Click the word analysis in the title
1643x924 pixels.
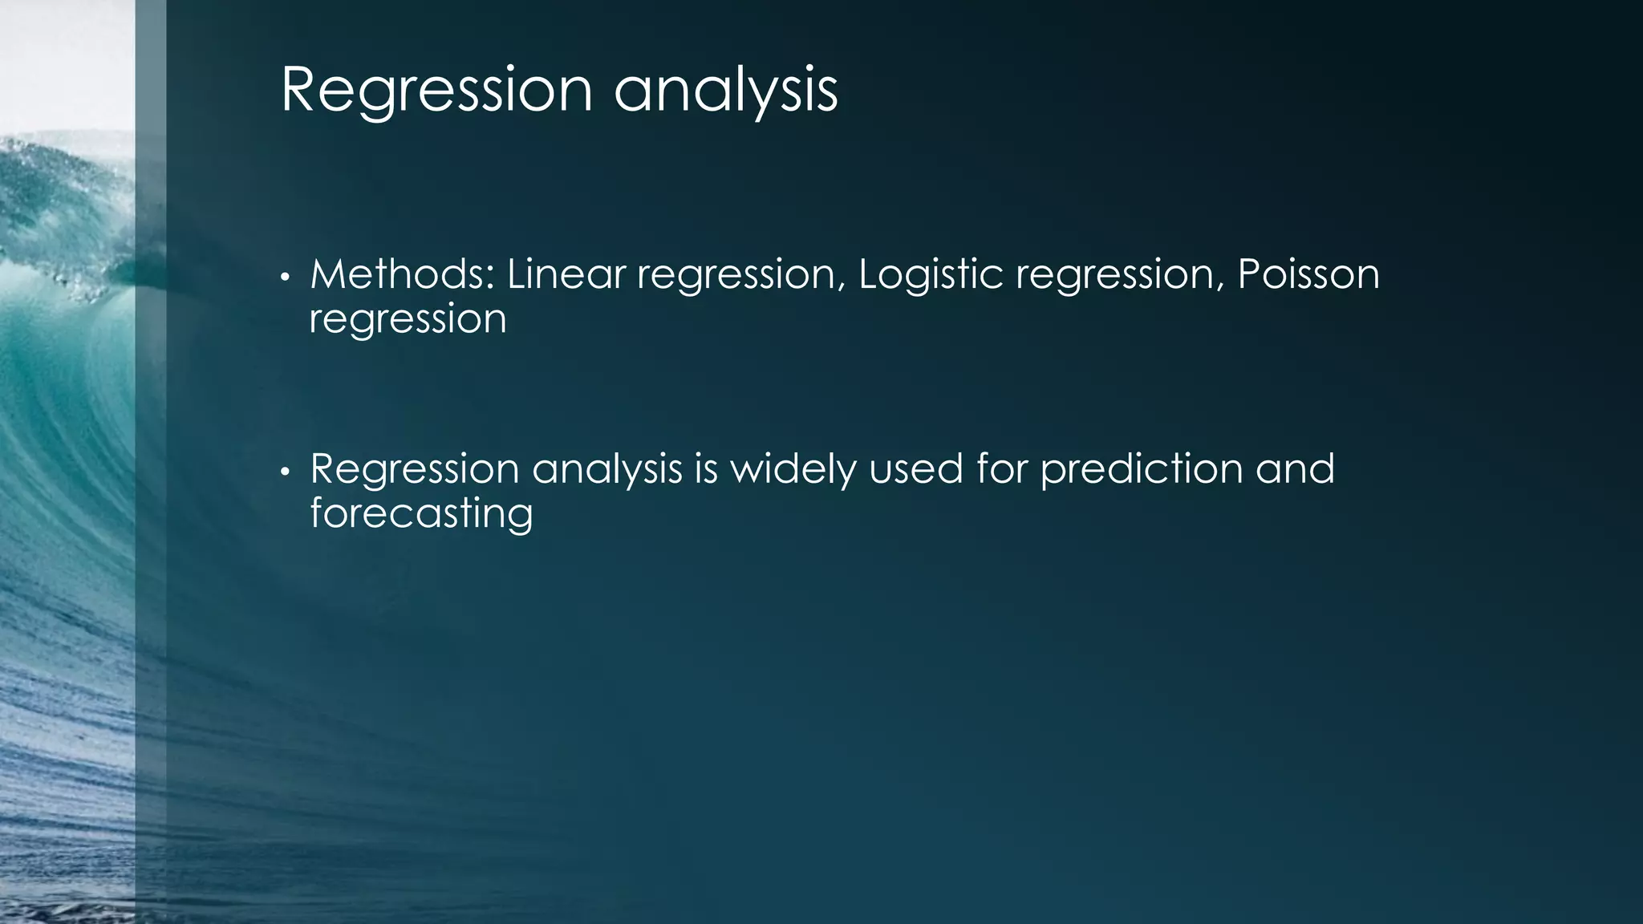726,90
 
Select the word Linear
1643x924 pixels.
566,274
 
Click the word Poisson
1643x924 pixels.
1308,274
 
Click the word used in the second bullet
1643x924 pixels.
915,468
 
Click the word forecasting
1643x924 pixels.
421,513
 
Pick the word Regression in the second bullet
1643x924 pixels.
415,469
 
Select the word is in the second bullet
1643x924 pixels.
706,468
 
